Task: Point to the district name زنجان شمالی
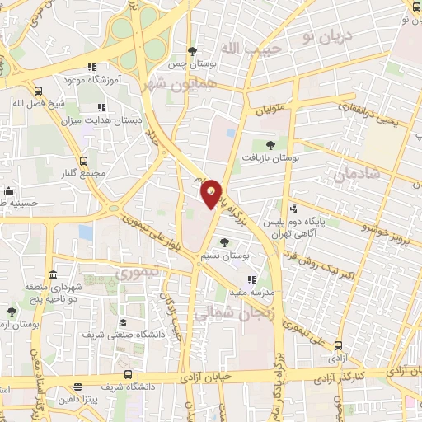[x=232, y=312]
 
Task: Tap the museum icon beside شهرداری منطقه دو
[x=53, y=274]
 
